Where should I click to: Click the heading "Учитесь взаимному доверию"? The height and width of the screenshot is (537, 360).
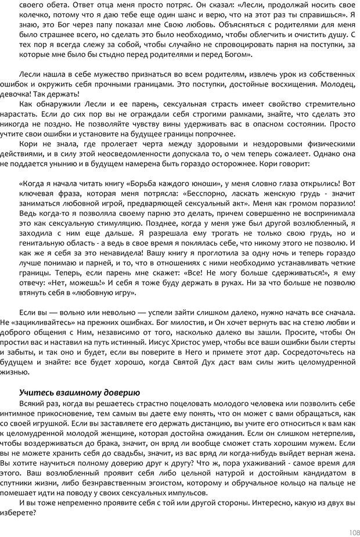[79, 392]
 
